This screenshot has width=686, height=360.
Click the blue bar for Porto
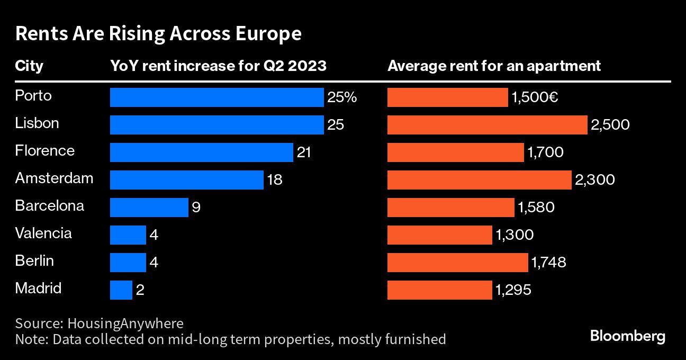click(216, 97)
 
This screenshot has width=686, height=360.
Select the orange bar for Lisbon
click(488, 125)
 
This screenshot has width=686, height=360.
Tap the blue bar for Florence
click(201, 152)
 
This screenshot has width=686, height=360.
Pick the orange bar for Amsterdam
click(480, 180)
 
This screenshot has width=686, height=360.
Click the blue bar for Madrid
click(121, 290)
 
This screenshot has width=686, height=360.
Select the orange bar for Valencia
click(440, 235)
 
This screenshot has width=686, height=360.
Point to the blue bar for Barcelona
click(149, 208)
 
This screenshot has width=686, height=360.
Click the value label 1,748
click(549, 262)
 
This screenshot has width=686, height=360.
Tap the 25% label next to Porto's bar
click(342, 97)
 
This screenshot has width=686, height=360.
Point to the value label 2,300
click(595, 180)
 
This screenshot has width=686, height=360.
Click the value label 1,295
click(513, 290)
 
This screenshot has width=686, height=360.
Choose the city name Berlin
click(34, 261)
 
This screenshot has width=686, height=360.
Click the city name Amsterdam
click(54, 178)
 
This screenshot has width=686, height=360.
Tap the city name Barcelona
click(49, 206)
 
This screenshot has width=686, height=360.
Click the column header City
click(29, 66)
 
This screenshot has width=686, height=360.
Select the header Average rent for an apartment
click(494, 66)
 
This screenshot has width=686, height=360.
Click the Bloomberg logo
click(627, 336)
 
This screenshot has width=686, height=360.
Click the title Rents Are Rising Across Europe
click(158, 34)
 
